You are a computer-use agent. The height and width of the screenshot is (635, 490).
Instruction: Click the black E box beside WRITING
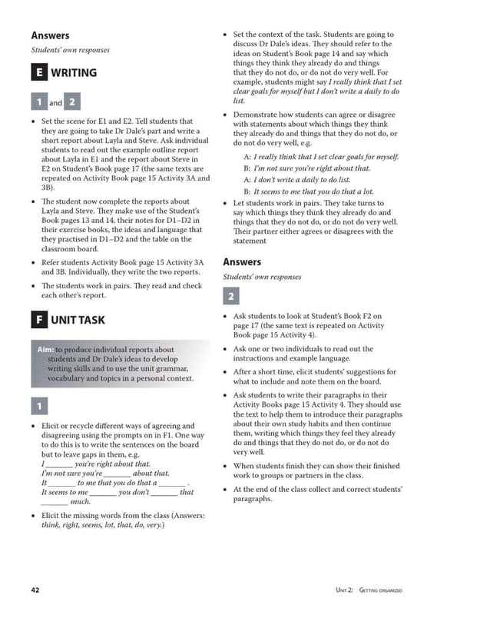tap(39, 73)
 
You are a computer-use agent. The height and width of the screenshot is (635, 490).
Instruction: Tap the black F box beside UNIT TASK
tap(39, 320)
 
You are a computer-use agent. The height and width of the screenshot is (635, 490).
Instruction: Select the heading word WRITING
tap(74, 73)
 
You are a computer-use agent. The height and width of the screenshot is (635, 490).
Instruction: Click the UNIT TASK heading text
tap(78, 320)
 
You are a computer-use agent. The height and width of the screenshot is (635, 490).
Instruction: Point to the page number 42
tap(35, 590)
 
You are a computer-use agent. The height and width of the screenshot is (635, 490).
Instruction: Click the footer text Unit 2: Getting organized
tap(369, 590)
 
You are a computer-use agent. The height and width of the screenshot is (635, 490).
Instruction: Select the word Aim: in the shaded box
tap(45, 350)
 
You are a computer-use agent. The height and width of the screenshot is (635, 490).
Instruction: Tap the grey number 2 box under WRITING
tap(72, 102)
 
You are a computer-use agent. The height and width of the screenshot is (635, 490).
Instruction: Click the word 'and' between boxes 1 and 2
tap(56, 103)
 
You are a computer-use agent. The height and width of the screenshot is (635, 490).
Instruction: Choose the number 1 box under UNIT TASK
tap(39, 406)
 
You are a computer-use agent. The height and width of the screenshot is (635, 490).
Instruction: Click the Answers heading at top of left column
tap(50, 35)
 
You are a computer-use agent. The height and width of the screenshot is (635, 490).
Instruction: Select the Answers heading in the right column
tap(242, 261)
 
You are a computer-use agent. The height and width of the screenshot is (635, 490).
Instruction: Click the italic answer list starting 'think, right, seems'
tap(102, 526)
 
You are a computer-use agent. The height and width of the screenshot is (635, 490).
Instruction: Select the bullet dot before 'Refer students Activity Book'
tap(32, 262)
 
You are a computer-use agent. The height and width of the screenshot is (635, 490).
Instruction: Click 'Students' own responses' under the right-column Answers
tap(262, 277)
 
